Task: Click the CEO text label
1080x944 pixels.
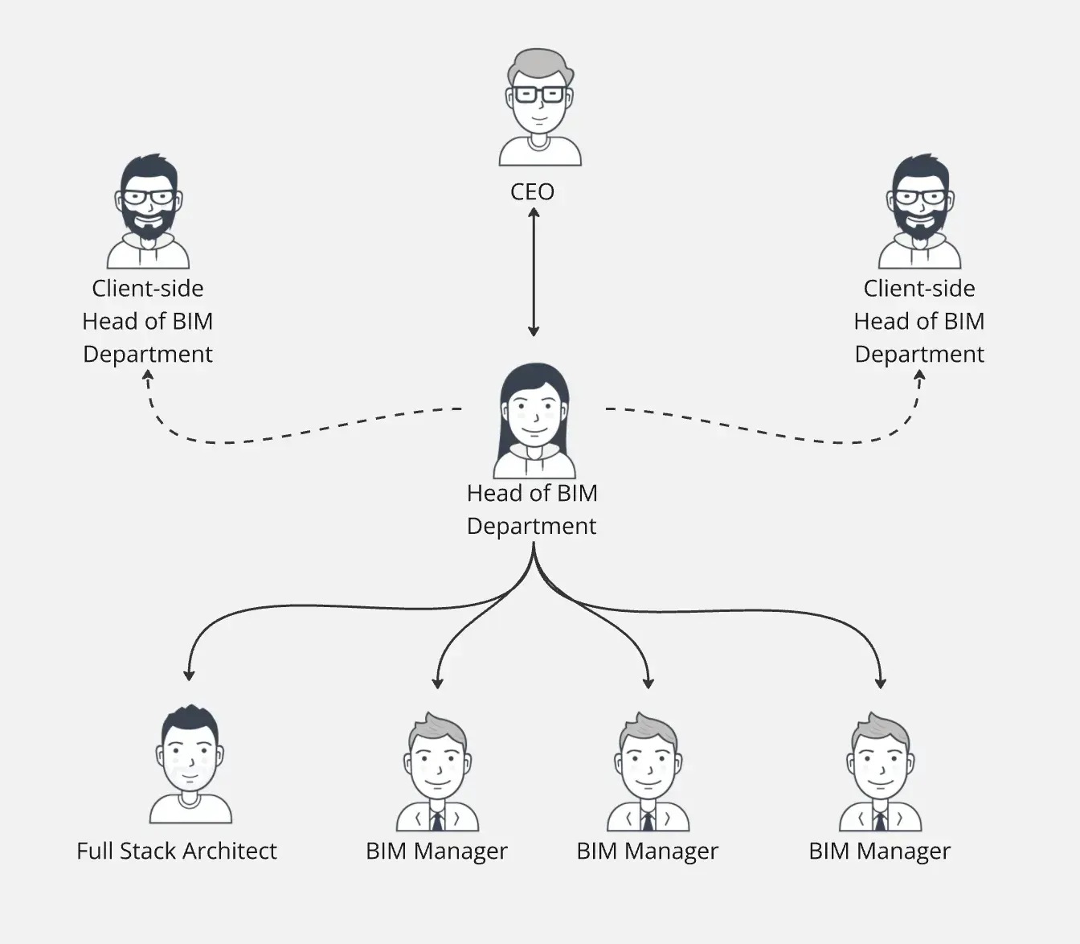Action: (x=532, y=191)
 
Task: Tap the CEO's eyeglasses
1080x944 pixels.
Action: (x=539, y=95)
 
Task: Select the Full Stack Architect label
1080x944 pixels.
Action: (x=176, y=851)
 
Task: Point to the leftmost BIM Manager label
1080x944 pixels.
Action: (x=436, y=851)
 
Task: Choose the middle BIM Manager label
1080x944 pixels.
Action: (x=647, y=851)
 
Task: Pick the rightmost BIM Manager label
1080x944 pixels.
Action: (x=879, y=851)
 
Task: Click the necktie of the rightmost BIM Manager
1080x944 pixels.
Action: (x=881, y=820)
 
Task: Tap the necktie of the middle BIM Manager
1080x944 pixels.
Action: (x=648, y=820)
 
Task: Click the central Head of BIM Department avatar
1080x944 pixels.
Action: (x=534, y=420)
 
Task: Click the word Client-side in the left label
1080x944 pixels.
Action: (x=148, y=289)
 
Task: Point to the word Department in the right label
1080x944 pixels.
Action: (x=919, y=354)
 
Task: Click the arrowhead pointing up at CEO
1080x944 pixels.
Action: (x=534, y=212)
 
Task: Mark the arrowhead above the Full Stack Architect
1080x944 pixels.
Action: (x=189, y=675)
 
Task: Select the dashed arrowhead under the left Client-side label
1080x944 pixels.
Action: (x=148, y=375)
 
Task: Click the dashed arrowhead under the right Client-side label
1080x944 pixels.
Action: (x=919, y=375)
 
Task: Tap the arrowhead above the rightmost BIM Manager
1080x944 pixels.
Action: (x=881, y=683)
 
